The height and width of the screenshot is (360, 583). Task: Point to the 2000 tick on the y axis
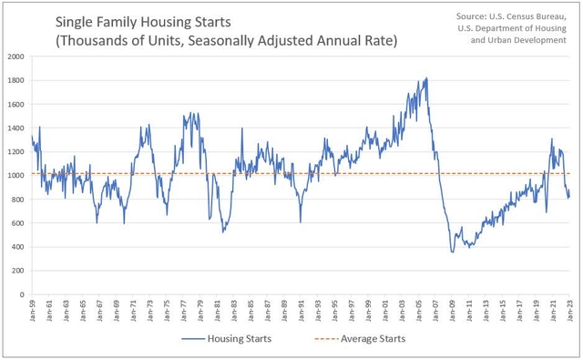pos(16,57)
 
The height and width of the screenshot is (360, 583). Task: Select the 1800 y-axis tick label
pos(16,80)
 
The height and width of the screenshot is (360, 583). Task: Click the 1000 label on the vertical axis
pos(16,175)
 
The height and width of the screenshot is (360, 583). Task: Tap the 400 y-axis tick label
pos(18,247)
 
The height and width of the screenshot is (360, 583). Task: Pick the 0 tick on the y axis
pos(23,294)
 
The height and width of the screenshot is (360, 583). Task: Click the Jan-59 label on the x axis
pos(34,312)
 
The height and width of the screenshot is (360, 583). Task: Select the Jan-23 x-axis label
pos(568,312)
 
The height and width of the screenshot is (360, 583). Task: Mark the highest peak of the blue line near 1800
pos(426,78)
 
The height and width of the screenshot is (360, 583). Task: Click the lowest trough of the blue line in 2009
pos(453,252)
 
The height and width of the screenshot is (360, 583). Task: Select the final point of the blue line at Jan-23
pos(567,193)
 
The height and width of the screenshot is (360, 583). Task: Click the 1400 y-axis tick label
pos(16,128)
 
